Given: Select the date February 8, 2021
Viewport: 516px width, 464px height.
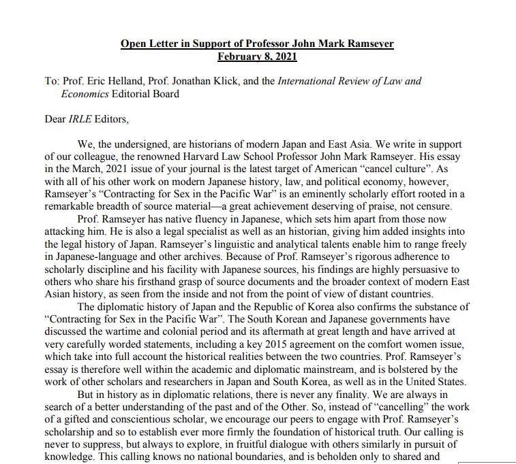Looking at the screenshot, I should coord(257,56).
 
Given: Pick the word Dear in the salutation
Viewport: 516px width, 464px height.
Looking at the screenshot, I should coord(55,119).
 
